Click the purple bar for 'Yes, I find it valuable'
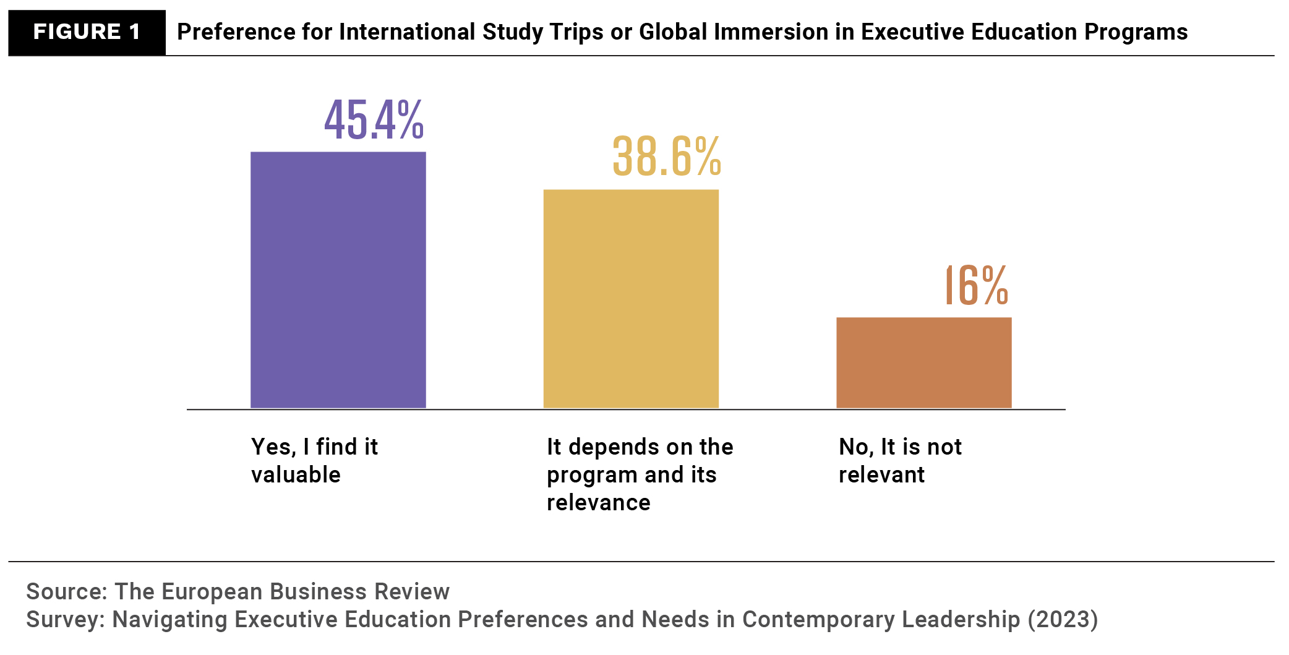point(338,280)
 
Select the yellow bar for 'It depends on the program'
point(631,299)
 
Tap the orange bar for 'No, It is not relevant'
point(923,362)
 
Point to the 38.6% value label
point(666,156)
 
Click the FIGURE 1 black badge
point(87,32)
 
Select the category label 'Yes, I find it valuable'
point(314,460)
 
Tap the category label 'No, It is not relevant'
point(899,460)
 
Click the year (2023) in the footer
point(1063,620)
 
